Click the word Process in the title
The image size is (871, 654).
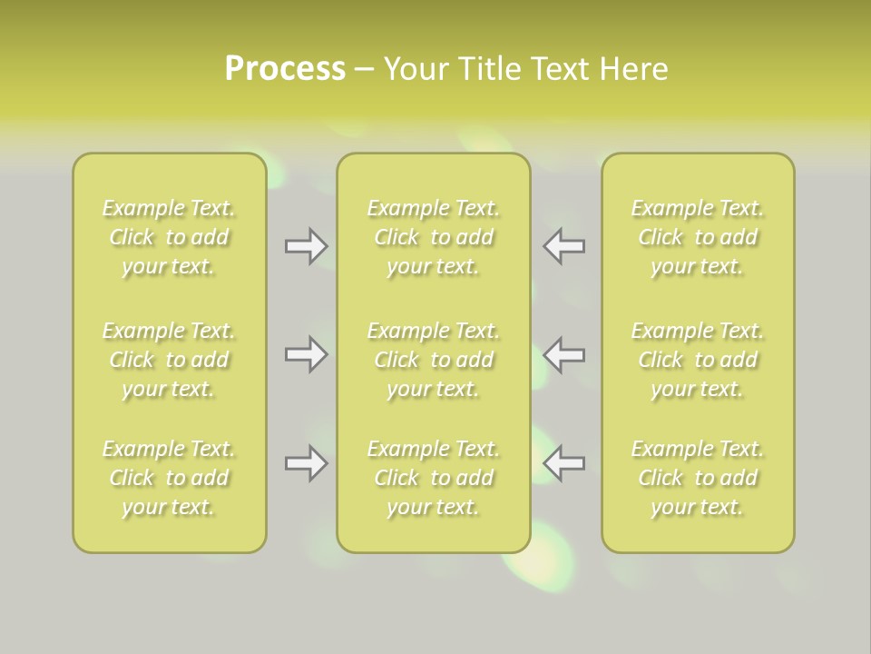click(285, 69)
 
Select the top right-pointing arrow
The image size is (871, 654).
click(306, 246)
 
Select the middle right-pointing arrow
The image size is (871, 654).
click(306, 354)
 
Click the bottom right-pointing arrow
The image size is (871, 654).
click(306, 463)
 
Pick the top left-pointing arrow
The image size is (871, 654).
click(564, 246)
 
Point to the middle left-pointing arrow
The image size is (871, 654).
click(564, 354)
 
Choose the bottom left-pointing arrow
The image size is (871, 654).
click(564, 463)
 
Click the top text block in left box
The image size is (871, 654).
click(169, 237)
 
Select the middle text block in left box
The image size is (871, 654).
click(169, 360)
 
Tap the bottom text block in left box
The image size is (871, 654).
click(169, 478)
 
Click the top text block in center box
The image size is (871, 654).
click(434, 237)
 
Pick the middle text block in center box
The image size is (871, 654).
click(434, 360)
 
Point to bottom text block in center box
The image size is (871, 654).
click(434, 478)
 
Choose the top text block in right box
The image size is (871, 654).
click(698, 237)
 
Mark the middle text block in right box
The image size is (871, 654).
click(698, 360)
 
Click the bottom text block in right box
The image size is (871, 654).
click(698, 478)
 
